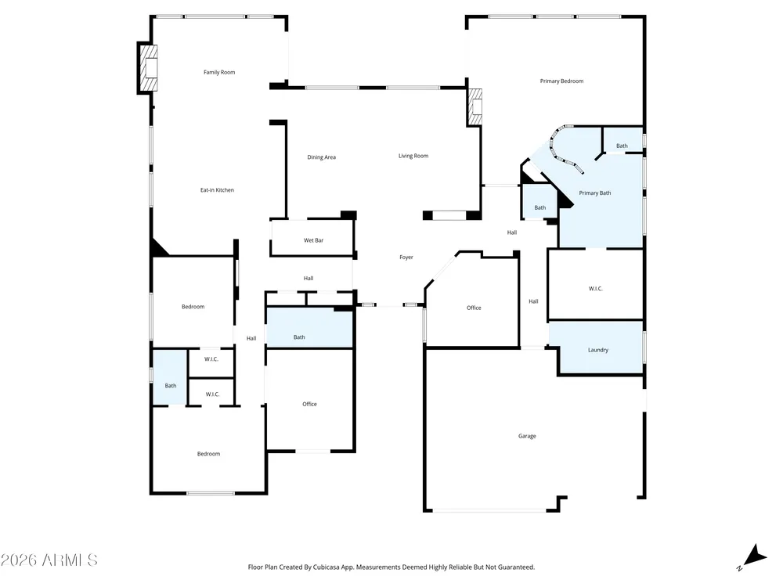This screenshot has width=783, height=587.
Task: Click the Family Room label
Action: (219, 72)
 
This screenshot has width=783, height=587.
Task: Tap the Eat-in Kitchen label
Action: (217, 190)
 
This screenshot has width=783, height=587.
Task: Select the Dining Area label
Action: (322, 157)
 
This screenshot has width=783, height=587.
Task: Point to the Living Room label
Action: (413, 156)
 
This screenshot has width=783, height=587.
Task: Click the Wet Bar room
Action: (313, 238)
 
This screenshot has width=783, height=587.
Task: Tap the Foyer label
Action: (406, 257)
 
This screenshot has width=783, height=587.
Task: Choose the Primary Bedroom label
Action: (561, 81)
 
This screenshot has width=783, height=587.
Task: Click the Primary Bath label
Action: (595, 193)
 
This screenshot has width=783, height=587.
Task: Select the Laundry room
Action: (597, 348)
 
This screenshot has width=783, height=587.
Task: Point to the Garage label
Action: (527, 436)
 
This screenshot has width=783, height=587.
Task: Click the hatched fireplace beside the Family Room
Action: (148, 68)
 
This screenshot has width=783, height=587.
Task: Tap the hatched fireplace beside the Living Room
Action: (475, 106)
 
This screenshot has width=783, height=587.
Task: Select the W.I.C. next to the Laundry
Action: (596, 285)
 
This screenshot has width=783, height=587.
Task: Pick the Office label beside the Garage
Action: (474, 308)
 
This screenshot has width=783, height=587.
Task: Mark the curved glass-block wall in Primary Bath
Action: (561, 148)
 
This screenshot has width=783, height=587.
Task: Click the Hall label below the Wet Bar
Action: (309, 279)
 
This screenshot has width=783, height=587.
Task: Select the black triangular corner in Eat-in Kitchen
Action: (159, 247)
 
